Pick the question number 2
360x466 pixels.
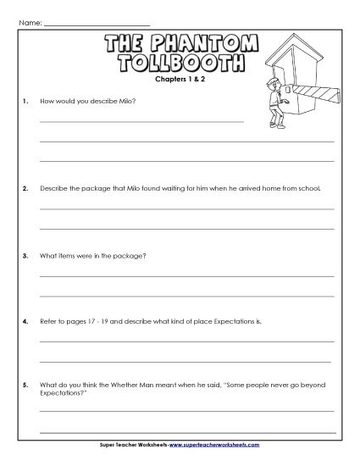tap(25, 187)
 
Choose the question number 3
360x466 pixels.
tap(25, 254)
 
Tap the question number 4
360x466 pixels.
tap(25, 321)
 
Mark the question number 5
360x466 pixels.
tap(25, 387)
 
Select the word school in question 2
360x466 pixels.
tap(311, 187)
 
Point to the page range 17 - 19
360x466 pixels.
tap(101, 321)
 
